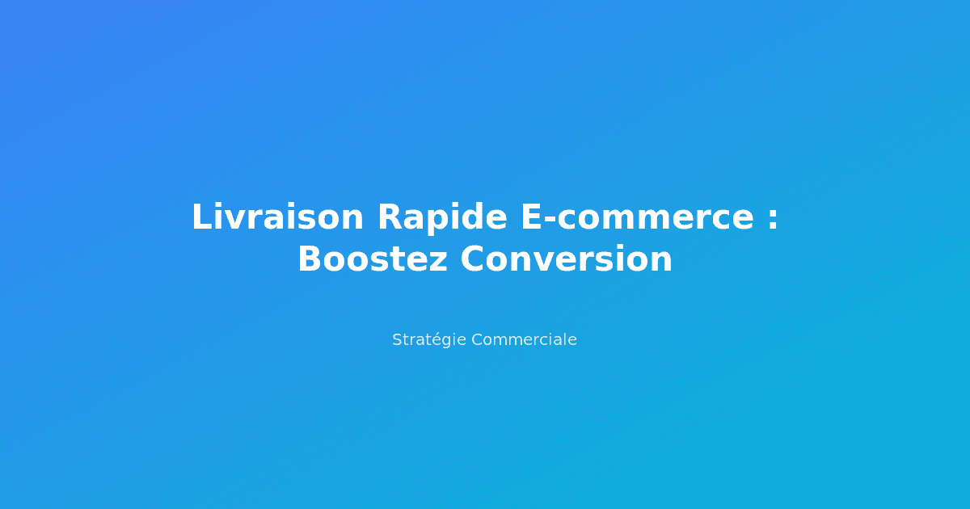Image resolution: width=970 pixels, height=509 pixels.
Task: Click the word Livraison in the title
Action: pyautogui.click(x=277, y=217)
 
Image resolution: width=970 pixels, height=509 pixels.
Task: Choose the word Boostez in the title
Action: pyautogui.click(x=372, y=259)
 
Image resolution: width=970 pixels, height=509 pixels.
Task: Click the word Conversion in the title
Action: pyautogui.click(x=567, y=259)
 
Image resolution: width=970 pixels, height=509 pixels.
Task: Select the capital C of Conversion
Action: pyautogui.click(x=474, y=259)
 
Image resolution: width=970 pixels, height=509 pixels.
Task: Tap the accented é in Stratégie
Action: pyautogui.click(x=441, y=340)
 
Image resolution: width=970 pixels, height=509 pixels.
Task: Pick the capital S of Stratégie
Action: pyautogui.click(x=397, y=340)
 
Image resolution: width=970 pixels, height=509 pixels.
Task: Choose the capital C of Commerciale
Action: pyautogui.click(x=476, y=340)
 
